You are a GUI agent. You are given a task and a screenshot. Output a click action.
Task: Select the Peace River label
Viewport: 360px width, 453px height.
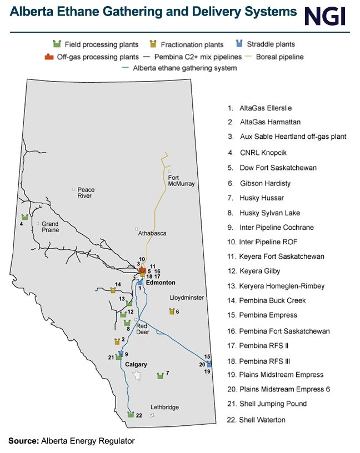(x=86, y=193)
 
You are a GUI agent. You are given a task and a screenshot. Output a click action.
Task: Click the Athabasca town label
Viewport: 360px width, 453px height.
(x=152, y=233)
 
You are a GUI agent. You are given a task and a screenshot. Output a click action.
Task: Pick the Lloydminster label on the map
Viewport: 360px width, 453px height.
(x=187, y=298)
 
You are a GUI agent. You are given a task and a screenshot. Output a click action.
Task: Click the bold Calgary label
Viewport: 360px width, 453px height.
(x=136, y=364)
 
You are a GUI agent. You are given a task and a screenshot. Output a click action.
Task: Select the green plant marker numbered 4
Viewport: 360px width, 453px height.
(x=24, y=217)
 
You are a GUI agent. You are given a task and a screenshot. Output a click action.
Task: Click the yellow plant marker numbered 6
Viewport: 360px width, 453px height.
(x=172, y=311)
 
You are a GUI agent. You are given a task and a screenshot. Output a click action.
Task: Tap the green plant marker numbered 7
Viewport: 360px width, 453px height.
(x=161, y=376)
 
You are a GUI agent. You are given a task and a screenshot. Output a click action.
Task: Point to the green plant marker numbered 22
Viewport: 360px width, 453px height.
(x=131, y=415)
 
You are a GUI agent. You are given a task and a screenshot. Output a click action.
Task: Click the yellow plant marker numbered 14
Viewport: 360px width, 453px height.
(x=113, y=290)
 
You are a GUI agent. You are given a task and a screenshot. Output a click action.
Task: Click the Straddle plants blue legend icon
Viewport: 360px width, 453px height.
(x=239, y=43)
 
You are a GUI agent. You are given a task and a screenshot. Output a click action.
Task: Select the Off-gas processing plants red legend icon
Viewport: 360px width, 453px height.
(x=48, y=56)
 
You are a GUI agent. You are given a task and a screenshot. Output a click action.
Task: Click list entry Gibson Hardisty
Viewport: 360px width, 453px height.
(x=265, y=183)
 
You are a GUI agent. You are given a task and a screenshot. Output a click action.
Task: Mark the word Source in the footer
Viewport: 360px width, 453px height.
(x=23, y=441)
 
